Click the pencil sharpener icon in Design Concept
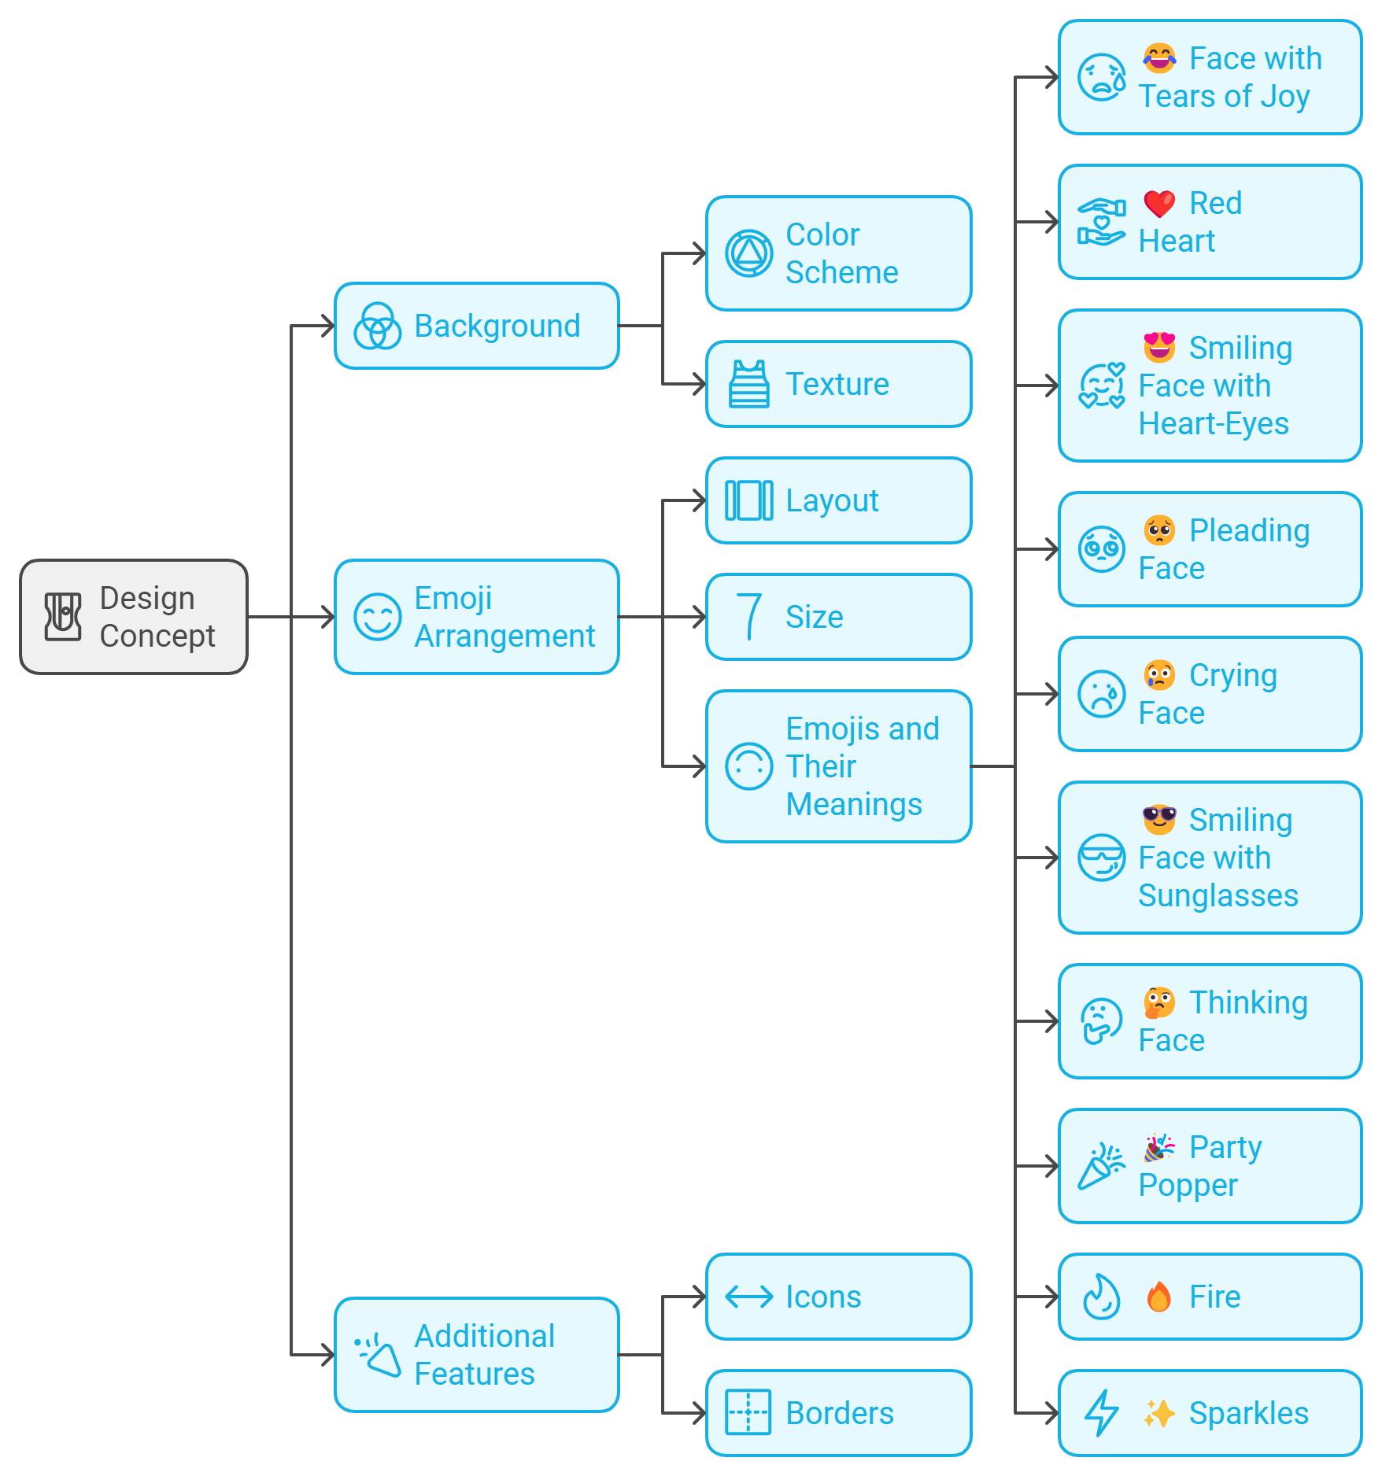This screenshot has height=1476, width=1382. pyautogui.click(x=63, y=617)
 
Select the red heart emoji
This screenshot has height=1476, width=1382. pyautogui.click(x=1158, y=204)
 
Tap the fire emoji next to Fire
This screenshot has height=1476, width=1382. pyautogui.click(x=1158, y=1297)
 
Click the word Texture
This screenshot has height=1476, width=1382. pyautogui.click(x=837, y=385)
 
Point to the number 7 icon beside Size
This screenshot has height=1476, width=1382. pyautogui.click(x=748, y=617)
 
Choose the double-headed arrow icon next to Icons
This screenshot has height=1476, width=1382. pyautogui.click(x=748, y=1297)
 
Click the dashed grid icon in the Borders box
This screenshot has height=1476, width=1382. pyautogui.click(x=748, y=1413)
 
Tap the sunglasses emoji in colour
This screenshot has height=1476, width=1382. pyautogui.click(x=1158, y=820)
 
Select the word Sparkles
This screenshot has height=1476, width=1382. pyautogui.click(x=1248, y=1414)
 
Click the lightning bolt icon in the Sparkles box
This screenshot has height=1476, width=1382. pyautogui.click(x=1101, y=1413)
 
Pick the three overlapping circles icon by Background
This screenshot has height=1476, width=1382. pyautogui.click(x=377, y=327)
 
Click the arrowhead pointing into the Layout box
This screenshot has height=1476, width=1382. pyautogui.click(x=699, y=501)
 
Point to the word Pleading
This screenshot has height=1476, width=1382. pyautogui.click(x=1249, y=531)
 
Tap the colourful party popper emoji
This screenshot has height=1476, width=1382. pyautogui.click(x=1158, y=1148)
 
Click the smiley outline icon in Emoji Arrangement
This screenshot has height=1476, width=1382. pyautogui.click(x=377, y=617)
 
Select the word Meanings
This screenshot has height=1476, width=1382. pyautogui.click(x=854, y=805)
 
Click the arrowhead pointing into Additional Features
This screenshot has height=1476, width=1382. pyautogui.click(x=327, y=1355)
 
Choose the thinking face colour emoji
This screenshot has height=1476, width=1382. pyautogui.click(x=1158, y=1003)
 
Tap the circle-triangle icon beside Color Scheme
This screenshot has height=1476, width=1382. pyautogui.click(x=748, y=253)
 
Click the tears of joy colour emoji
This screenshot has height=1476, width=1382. pyautogui.click(x=1158, y=59)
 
